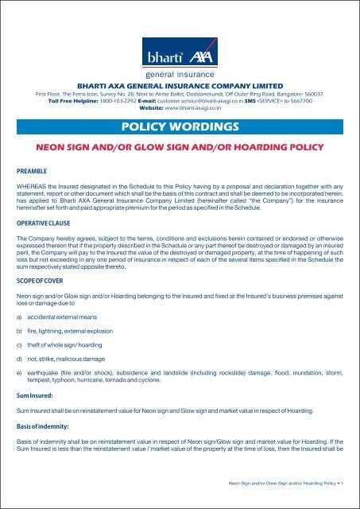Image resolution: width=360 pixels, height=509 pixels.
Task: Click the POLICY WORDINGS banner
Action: point(180,127)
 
